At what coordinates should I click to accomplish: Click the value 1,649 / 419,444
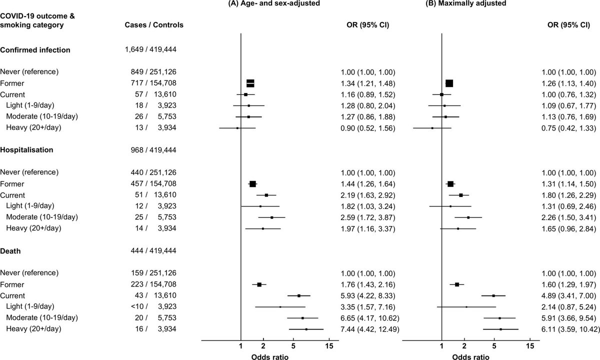(x=150, y=49)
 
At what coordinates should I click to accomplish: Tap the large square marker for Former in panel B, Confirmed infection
(x=449, y=83)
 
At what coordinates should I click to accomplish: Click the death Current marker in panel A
(x=299, y=295)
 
